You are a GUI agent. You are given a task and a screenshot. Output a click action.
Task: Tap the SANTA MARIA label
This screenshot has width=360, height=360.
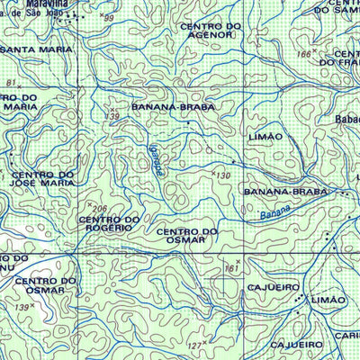(38, 48)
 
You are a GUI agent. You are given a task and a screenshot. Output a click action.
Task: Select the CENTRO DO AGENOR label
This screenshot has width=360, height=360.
(211, 32)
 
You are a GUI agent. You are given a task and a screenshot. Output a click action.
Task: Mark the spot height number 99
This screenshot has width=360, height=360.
(109, 17)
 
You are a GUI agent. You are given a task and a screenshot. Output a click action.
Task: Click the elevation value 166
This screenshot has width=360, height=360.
(303, 55)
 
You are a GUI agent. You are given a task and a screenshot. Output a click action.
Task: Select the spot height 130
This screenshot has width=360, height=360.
(223, 174)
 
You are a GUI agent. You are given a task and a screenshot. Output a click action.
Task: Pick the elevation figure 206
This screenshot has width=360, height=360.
(100, 208)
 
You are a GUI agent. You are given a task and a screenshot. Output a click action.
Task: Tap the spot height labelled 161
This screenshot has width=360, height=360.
(232, 267)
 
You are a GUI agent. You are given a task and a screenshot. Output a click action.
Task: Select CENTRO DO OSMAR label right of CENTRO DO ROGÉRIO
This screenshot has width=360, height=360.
(187, 236)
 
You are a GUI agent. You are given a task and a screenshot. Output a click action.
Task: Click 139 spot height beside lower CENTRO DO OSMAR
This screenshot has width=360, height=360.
(26, 307)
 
